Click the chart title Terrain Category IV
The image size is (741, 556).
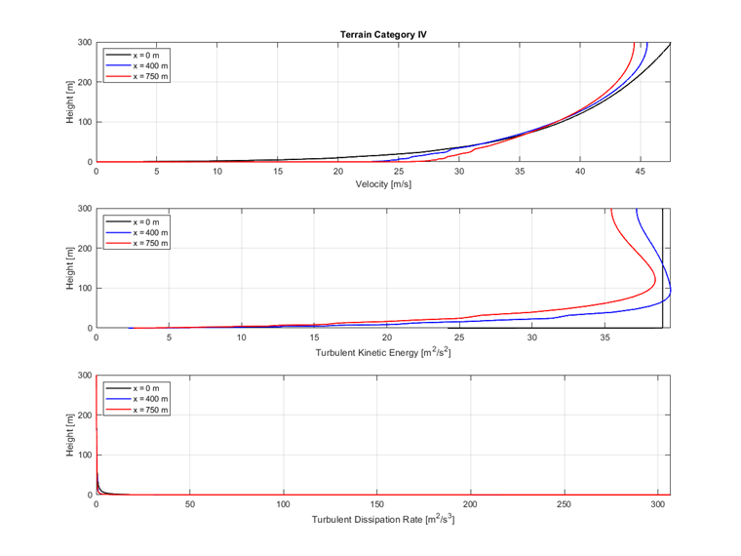[383, 34]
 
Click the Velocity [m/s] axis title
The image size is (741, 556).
[383, 185]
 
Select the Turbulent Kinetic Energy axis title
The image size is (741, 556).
[383, 352]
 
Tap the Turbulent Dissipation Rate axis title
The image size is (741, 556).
[383, 519]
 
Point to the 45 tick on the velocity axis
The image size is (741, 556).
[641, 172]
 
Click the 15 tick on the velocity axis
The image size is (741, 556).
[278, 172]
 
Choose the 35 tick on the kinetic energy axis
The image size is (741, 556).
[604, 338]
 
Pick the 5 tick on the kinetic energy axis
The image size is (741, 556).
[169, 338]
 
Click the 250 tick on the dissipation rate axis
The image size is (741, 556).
[565, 505]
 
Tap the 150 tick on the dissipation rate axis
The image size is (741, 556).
[377, 505]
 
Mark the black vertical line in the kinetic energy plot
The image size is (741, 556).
[662, 263]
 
